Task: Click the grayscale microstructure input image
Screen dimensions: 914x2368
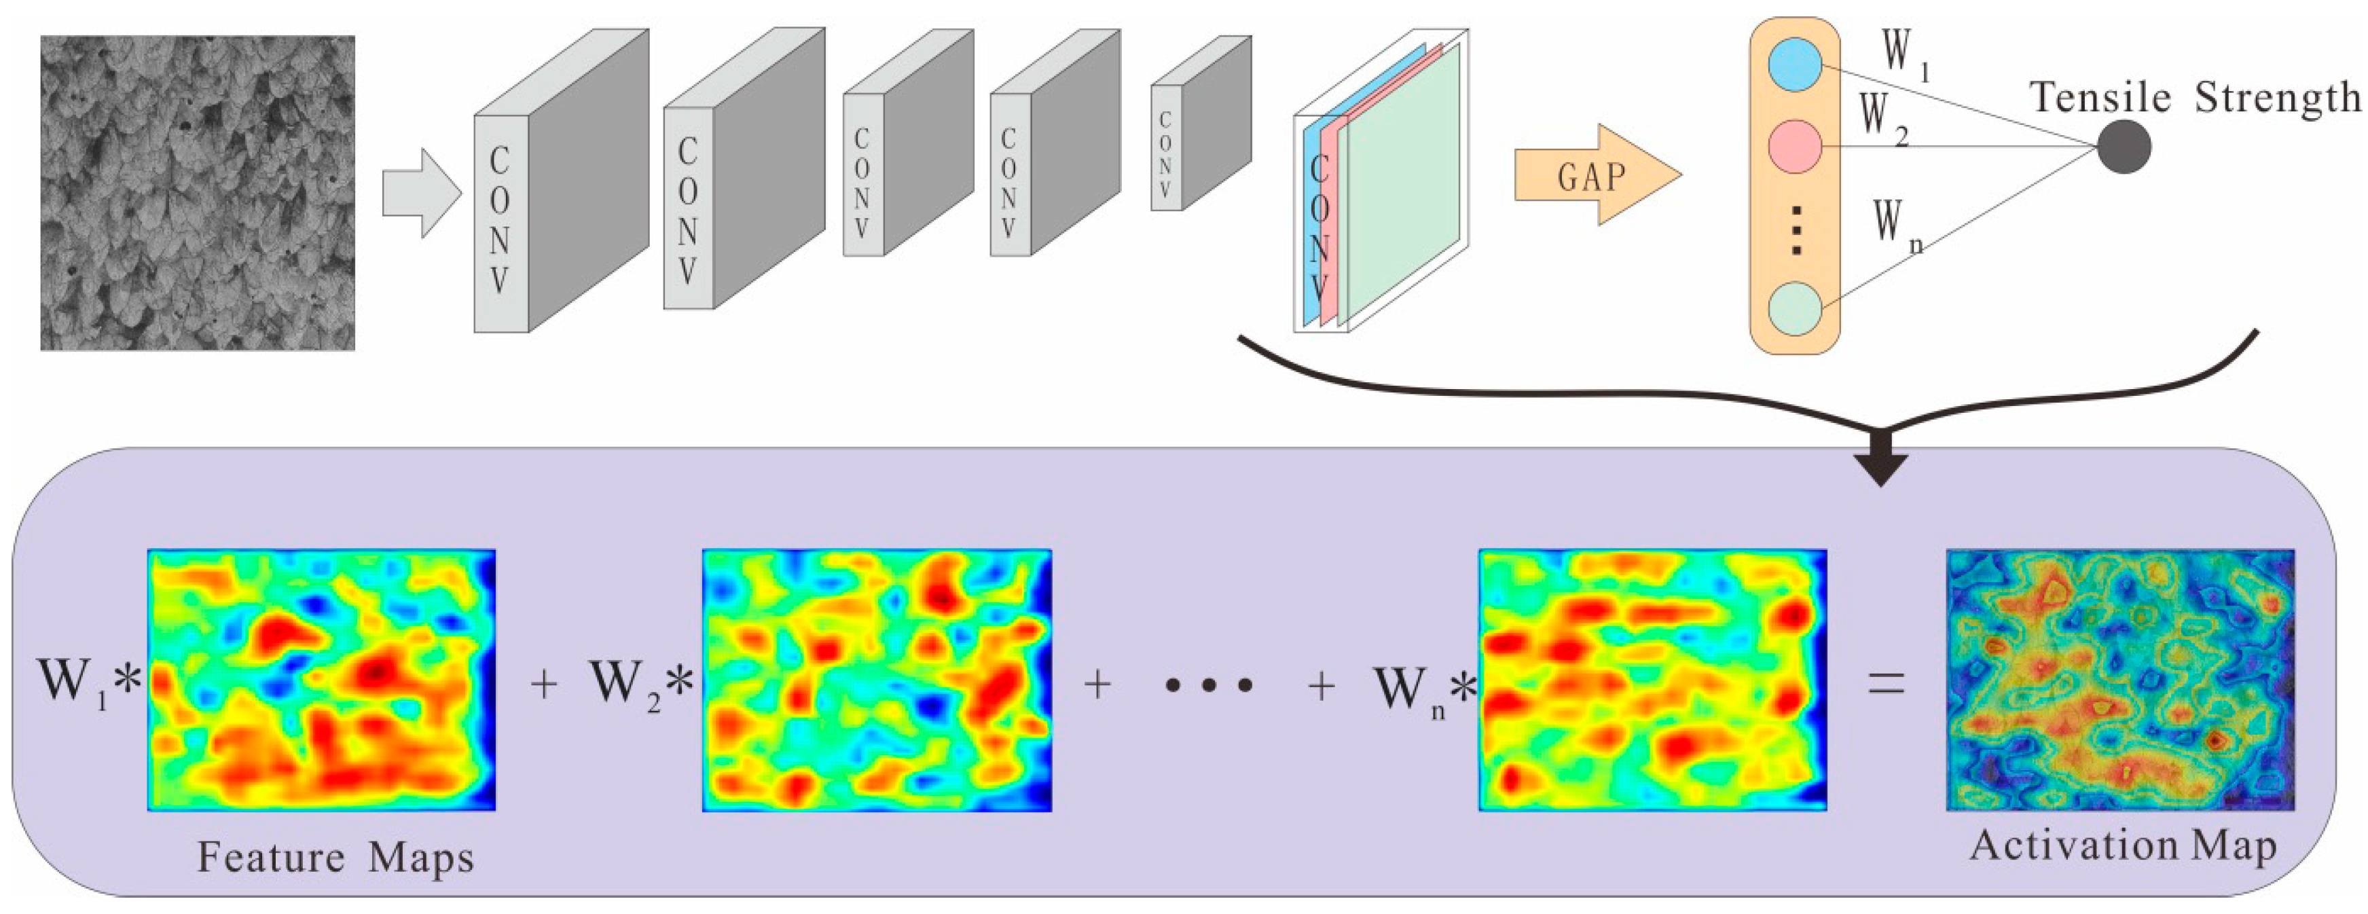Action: [x=198, y=193]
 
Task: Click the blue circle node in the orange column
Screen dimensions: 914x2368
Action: [x=1794, y=65]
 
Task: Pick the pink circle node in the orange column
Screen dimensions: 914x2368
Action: [x=1794, y=146]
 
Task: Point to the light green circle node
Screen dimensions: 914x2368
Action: [x=1794, y=308]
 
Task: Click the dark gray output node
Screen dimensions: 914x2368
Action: [x=2124, y=147]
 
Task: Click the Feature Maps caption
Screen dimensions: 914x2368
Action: [x=335, y=857]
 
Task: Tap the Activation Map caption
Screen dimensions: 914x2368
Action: [x=2123, y=846]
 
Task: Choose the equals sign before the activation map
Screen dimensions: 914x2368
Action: [x=1885, y=683]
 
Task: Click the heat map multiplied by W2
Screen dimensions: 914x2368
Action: [x=877, y=680]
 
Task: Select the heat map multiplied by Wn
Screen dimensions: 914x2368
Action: [x=1652, y=680]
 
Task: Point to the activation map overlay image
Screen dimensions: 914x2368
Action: [x=2120, y=680]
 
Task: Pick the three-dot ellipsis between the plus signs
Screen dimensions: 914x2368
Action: [x=1208, y=685]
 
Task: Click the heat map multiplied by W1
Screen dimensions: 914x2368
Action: [x=322, y=680]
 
